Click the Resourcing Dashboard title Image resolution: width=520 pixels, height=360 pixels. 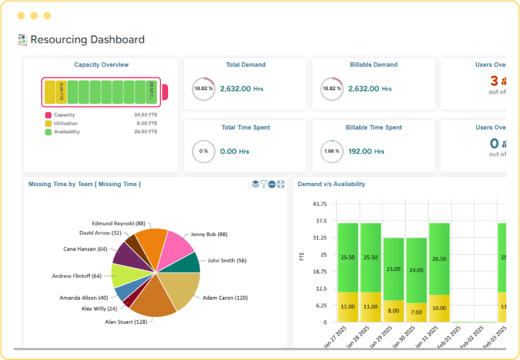pyautogui.click(x=87, y=40)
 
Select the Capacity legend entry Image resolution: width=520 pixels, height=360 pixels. pyautogui.click(x=64, y=115)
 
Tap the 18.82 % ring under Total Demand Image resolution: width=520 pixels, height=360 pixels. pyautogui.click(x=203, y=89)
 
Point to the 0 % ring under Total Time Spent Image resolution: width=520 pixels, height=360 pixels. pyautogui.click(x=203, y=151)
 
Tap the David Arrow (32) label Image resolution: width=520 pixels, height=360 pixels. pyautogui.click(x=100, y=232)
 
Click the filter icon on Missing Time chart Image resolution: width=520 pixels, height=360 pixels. pyautogui.click(x=264, y=184)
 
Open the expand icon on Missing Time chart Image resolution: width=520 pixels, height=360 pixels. pyautogui.click(x=280, y=184)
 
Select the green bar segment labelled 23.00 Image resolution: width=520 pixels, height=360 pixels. pyautogui.click(x=393, y=269)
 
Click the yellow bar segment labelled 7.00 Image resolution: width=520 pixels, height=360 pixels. pyautogui.click(x=416, y=312)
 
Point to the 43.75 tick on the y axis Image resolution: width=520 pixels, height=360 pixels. pyautogui.click(x=319, y=204)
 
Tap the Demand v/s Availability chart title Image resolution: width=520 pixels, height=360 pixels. pyautogui.click(x=331, y=184)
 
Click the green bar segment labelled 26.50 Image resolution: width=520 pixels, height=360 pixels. pyautogui.click(x=439, y=258)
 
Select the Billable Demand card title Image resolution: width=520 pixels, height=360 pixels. pyautogui.click(x=373, y=65)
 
